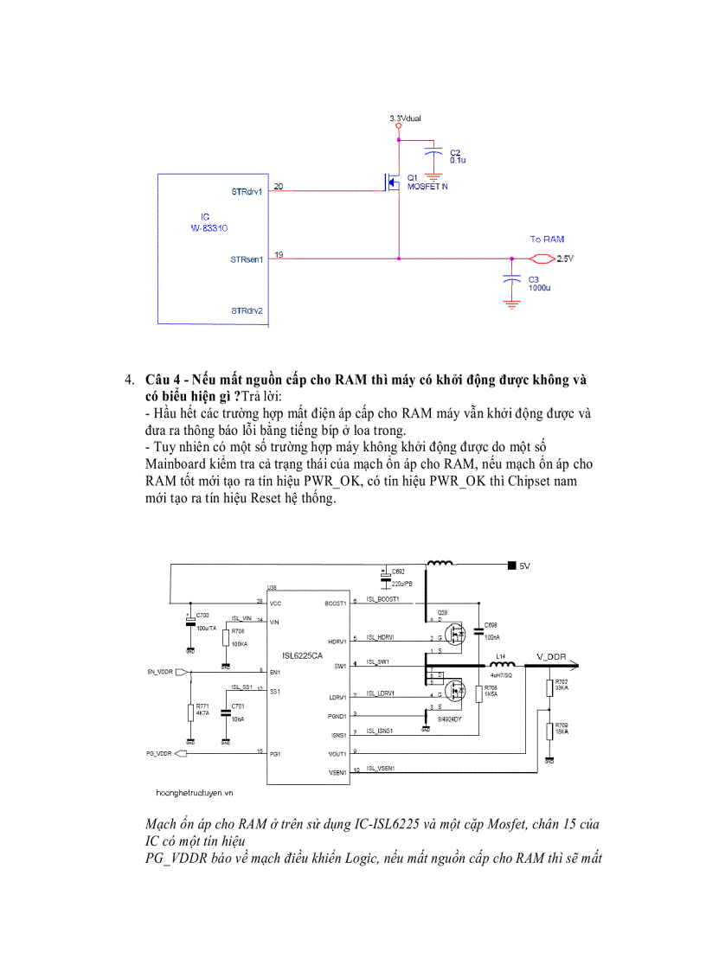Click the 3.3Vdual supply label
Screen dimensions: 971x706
click(x=405, y=118)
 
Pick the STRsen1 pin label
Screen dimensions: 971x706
click(x=247, y=259)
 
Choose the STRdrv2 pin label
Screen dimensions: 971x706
click(x=247, y=310)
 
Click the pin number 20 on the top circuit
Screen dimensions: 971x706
click(x=278, y=186)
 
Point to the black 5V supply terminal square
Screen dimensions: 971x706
click(x=511, y=565)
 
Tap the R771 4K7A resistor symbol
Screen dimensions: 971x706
click(x=190, y=712)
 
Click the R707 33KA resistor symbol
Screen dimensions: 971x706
click(x=549, y=688)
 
